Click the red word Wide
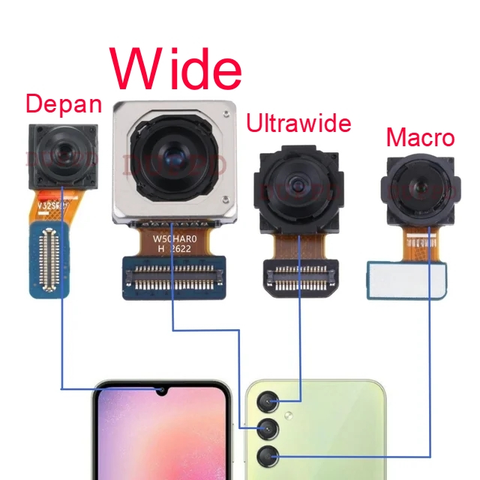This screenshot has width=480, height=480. tap(178, 69)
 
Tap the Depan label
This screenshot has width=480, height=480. tap(63, 104)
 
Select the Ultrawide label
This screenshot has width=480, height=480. tap(298, 122)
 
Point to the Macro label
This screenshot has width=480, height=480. tap(420, 138)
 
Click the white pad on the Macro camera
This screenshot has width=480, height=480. tap(409, 279)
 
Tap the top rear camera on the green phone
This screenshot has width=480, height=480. tap(268, 405)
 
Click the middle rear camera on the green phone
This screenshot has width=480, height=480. tap(268, 430)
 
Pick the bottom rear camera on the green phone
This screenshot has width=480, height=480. tap(268, 456)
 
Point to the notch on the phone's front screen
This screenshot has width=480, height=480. tap(160, 391)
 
